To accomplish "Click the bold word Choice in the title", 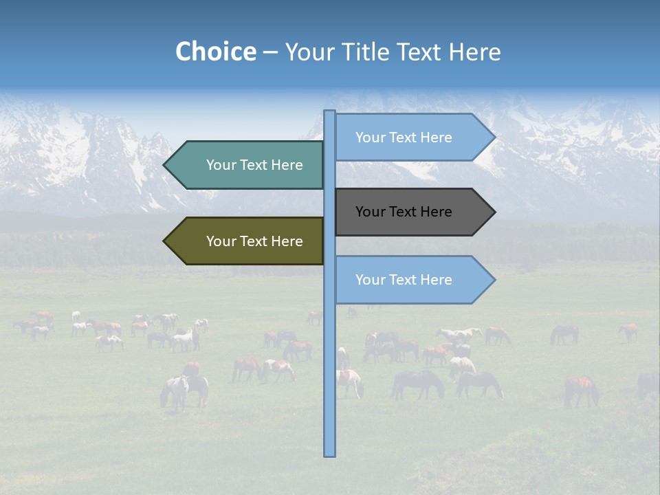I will point(215,52).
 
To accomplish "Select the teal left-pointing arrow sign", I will point(244,165).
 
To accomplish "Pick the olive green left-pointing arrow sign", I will point(244,241).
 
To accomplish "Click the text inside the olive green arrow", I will point(254,241).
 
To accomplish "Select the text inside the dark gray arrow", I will point(404,212).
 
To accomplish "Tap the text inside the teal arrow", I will point(254,165).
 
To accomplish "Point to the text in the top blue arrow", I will point(404,137).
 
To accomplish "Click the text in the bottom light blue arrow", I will point(404,280).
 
